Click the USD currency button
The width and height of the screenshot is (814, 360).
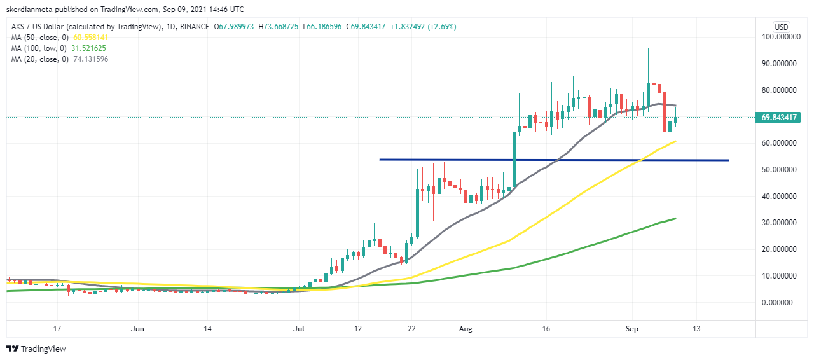coord(782,27)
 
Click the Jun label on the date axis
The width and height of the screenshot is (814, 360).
coord(137,329)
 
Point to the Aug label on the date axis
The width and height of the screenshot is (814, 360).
coord(466,329)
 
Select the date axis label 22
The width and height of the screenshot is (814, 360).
coord(412,329)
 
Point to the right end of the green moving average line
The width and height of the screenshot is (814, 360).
coord(675,218)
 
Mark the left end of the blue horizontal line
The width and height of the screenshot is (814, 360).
coord(380,159)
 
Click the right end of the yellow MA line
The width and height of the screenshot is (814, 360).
coord(675,141)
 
